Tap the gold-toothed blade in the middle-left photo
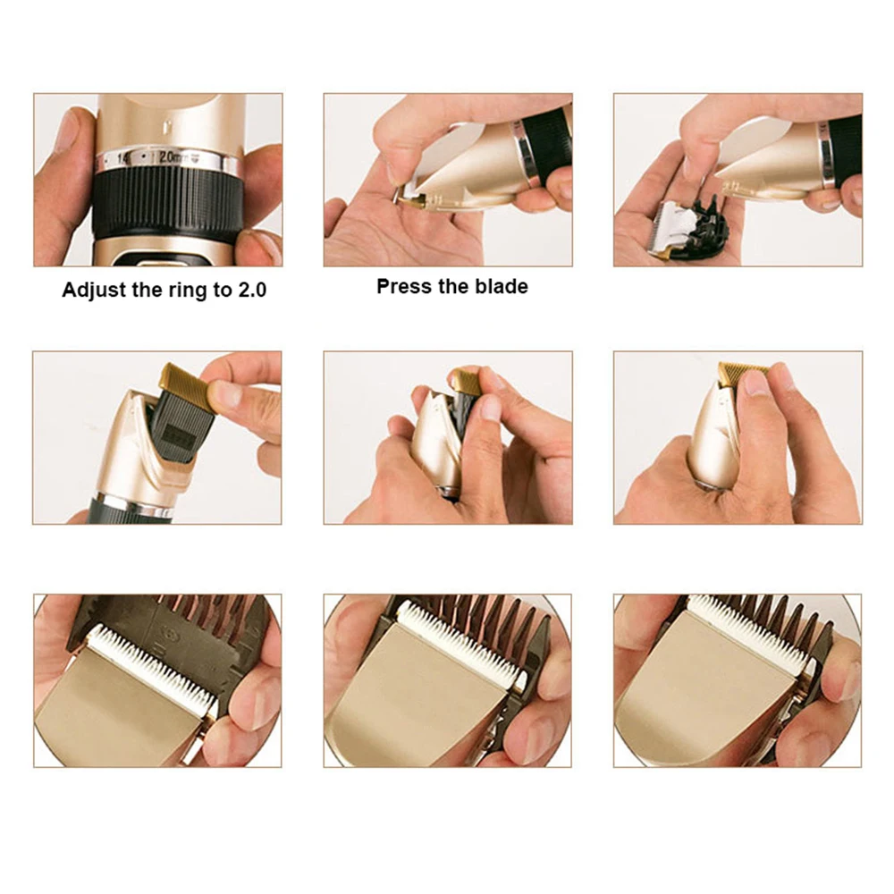pyautogui.click(x=186, y=383)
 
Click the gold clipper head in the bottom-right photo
pyautogui.click(x=706, y=697)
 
